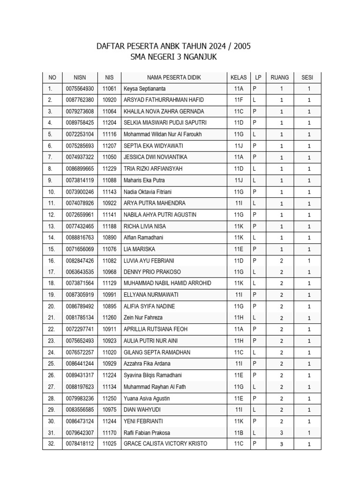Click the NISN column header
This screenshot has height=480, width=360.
click(80, 77)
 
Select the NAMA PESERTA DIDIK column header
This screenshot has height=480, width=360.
click(174, 77)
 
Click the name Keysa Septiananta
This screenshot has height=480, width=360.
click(144, 89)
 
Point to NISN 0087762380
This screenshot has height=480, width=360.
click(80, 100)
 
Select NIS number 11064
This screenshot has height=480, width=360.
click(109, 112)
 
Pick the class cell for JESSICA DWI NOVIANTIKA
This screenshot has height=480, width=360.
click(238, 157)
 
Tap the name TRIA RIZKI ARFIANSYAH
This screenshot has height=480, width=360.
click(153, 169)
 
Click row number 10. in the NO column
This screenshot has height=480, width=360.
click(52, 192)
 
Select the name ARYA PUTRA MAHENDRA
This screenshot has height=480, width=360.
click(154, 203)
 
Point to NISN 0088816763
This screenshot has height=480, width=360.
click(80, 238)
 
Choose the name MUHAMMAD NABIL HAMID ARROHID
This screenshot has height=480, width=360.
click(167, 284)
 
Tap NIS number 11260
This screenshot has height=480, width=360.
click(109, 318)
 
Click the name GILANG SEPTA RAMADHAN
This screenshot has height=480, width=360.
click(157, 352)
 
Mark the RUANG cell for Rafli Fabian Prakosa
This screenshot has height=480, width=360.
click(281, 433)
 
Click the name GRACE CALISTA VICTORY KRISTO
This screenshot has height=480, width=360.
click(165, 443)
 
